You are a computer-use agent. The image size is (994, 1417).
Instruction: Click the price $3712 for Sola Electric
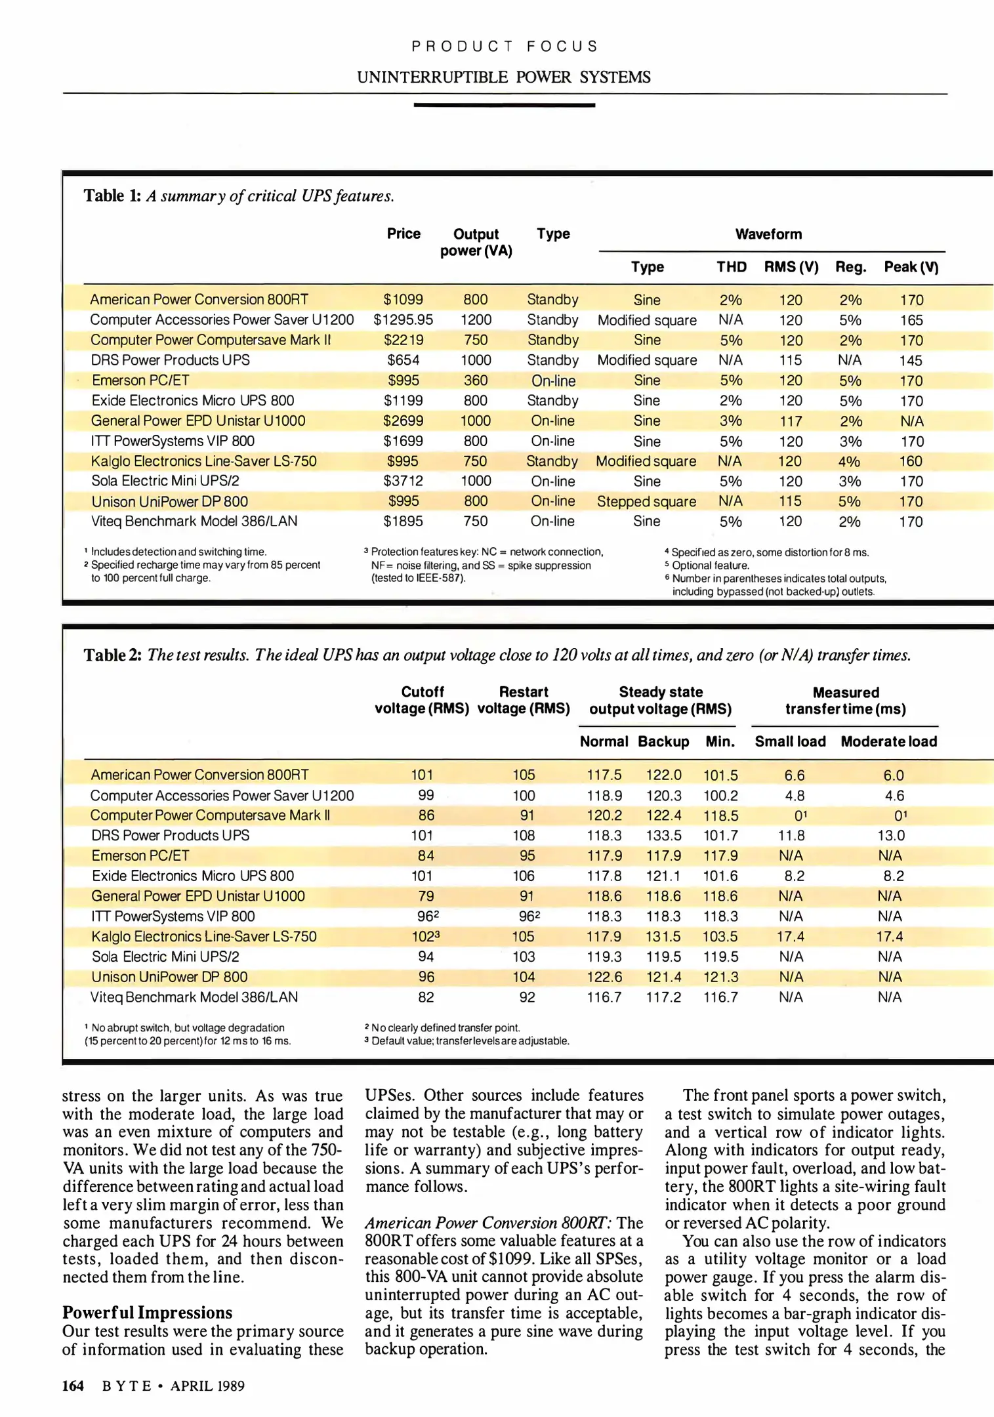(x=403, y=481)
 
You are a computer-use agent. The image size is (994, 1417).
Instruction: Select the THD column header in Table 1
(x=731, y=267)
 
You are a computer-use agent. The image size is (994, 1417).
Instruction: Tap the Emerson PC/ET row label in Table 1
(x=140, y=380)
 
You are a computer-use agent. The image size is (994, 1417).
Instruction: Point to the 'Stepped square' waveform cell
(x=646, y=502)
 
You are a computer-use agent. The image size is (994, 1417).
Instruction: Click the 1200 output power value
(x=476, y=320)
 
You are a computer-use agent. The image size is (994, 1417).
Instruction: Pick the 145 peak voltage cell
(x=911, y=361)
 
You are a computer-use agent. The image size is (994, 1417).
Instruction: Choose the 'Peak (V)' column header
(x=911, y=267)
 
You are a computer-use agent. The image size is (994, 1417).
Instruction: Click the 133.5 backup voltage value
(x=663, y=836)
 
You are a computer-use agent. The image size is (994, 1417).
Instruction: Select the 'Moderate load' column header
(x=888, y=741)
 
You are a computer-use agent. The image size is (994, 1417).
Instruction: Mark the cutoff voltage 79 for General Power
(x=426, y=896)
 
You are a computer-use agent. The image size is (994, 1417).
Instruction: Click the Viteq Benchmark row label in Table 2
(x=194, y=997)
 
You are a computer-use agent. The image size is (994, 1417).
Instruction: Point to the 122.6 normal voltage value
(x=604, y=977)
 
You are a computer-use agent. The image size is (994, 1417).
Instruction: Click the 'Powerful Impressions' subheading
(x=147, y=1312)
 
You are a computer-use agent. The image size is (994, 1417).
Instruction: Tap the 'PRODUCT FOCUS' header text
(x=504, y=47)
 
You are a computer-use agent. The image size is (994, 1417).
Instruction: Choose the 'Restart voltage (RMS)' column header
(x=523, y=700)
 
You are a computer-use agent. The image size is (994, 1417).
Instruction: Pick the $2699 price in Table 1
(x=403, y=421)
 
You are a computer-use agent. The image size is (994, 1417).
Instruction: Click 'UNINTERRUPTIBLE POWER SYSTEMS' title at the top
(x=503, y=77)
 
